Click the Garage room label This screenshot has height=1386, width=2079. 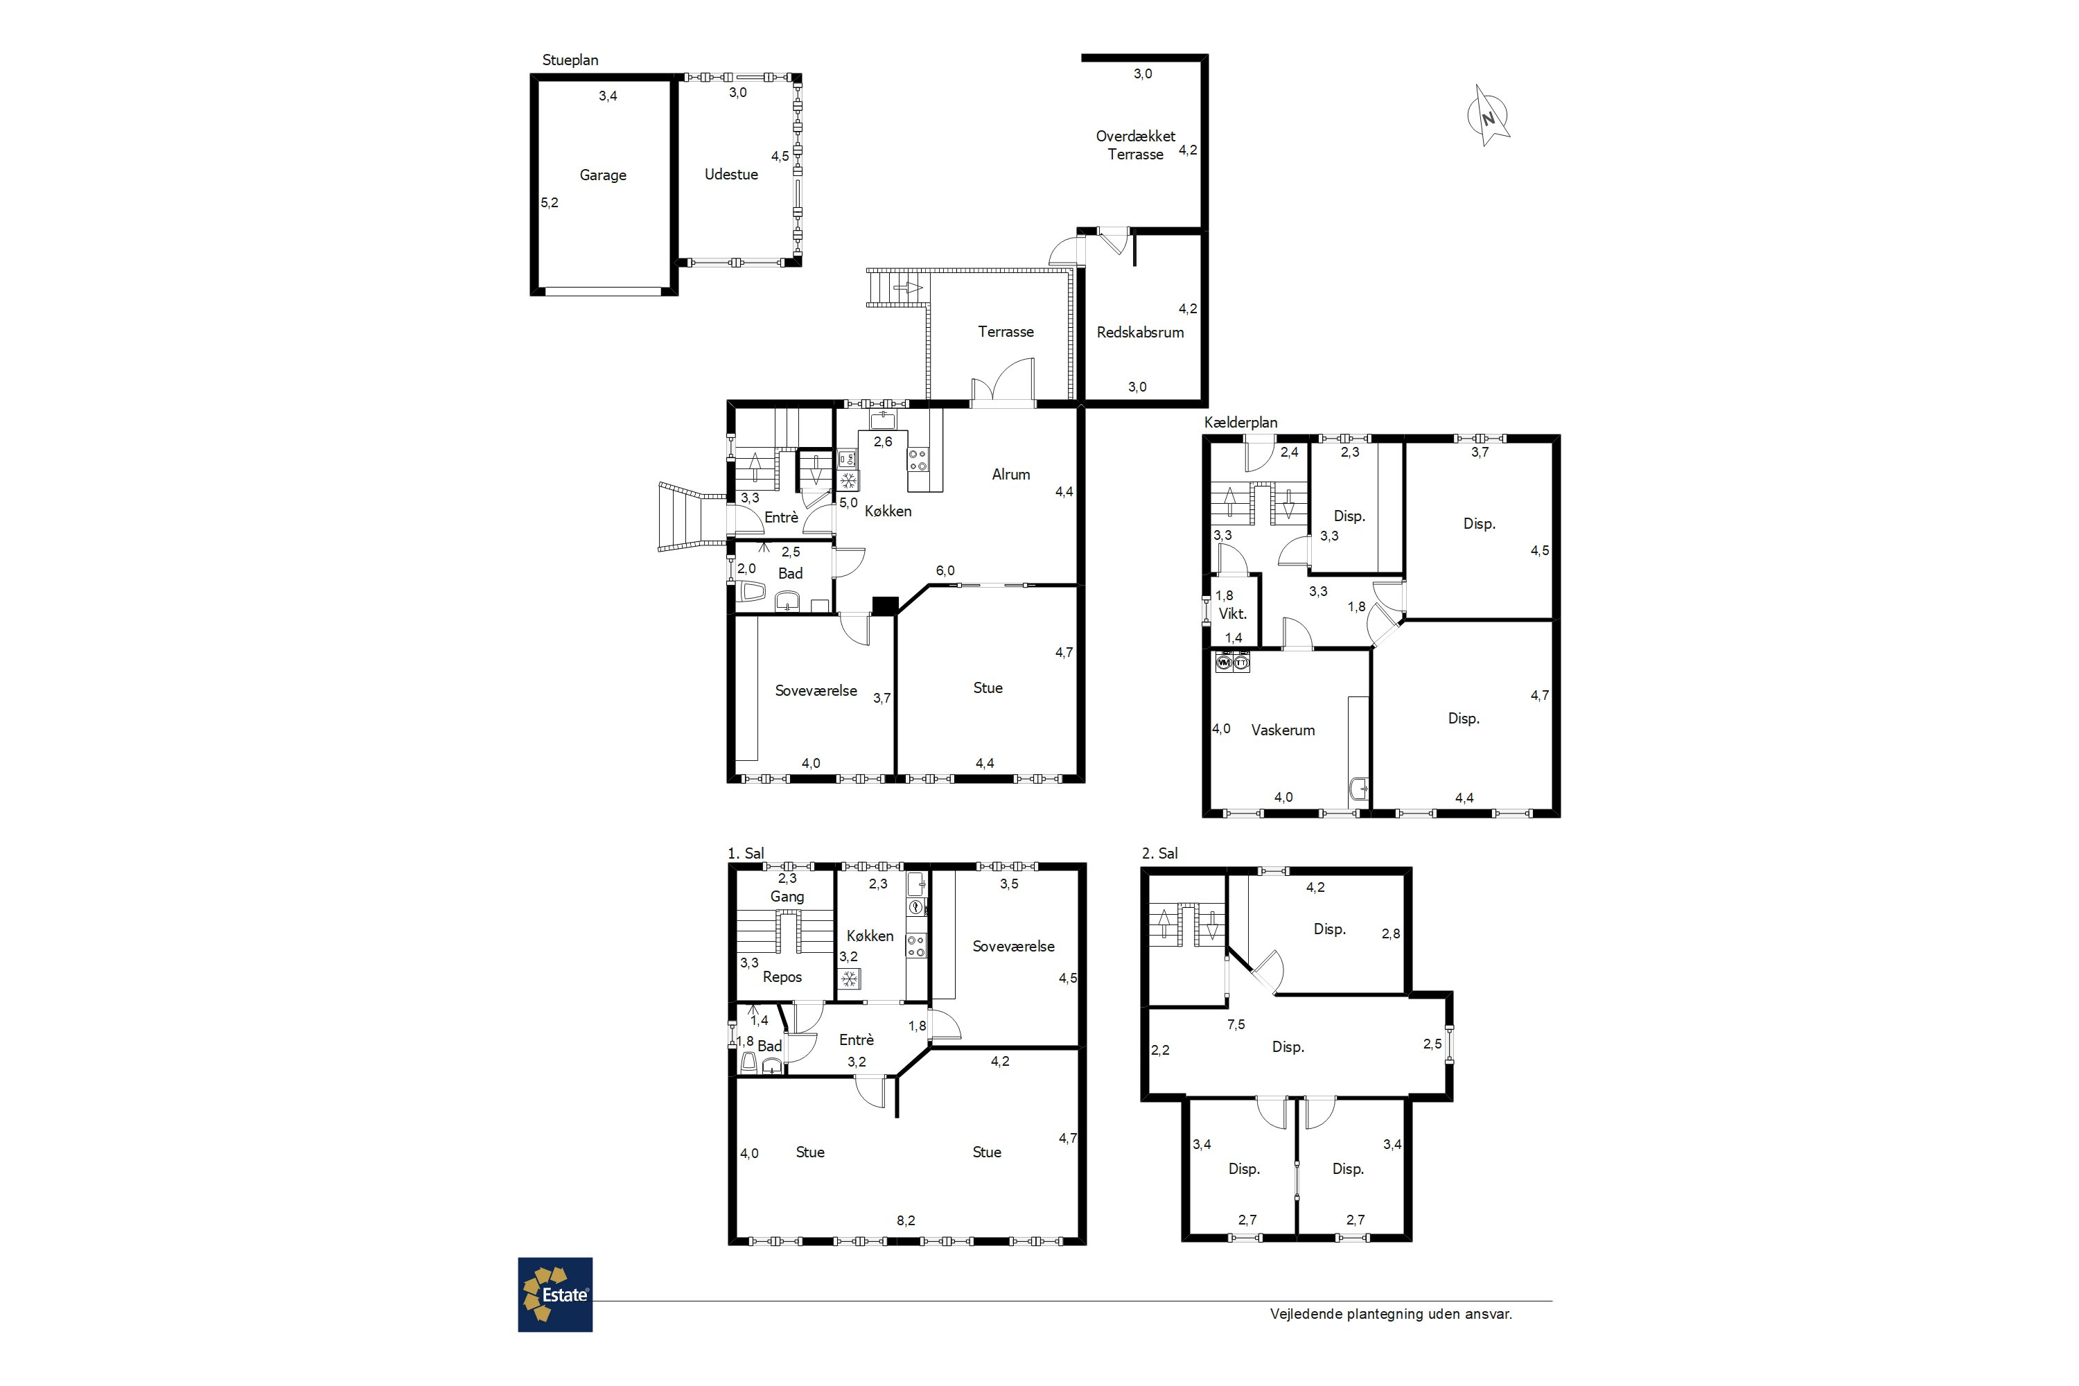[603, 175]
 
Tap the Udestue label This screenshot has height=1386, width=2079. [731, 174]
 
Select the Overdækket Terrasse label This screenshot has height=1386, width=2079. [1136, 145]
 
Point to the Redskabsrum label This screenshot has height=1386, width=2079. [1140, 333]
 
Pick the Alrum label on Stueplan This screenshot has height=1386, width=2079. [1010, 475]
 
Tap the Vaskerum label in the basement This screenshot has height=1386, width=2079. [1283, 730]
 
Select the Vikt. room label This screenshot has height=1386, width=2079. [1232, 613]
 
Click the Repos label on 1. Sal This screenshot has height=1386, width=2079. [782, 976]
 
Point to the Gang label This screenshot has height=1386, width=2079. [787, 896]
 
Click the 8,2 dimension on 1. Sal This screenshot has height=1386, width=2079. [906, 1220]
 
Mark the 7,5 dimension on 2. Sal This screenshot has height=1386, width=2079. [1236, 1024]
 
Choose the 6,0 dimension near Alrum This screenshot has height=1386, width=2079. [945, 571]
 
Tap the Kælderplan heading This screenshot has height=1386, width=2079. [1240, 423]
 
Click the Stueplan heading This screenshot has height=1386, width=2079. [570, 60]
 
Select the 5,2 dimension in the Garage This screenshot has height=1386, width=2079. [550, 202]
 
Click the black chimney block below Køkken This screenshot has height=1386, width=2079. [885, 606]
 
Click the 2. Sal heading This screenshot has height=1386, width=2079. [1159, 853]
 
